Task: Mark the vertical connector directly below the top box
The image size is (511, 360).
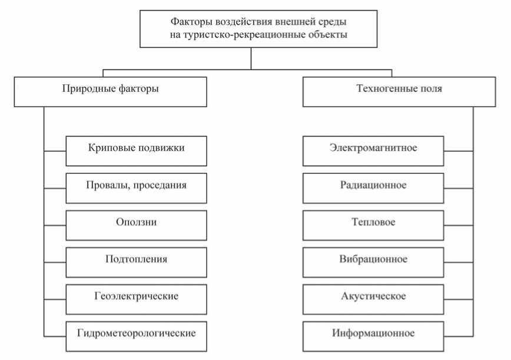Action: coord(251,58)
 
